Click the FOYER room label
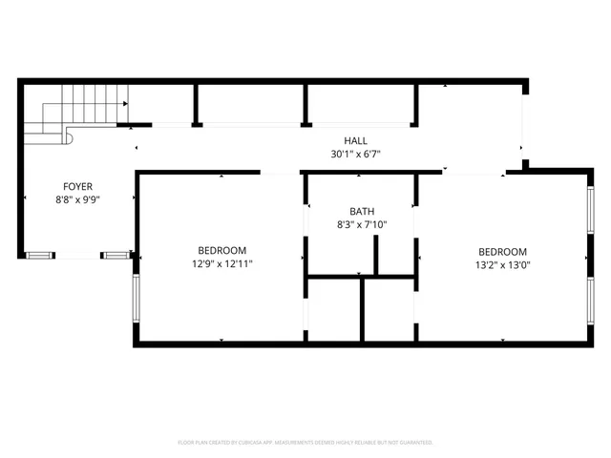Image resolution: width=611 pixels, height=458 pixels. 77,186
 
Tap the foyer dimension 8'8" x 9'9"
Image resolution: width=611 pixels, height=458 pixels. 77,199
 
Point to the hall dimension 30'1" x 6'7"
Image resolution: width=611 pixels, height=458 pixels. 357,154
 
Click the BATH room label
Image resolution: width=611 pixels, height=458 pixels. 362,212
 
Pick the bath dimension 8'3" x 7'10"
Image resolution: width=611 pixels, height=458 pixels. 362,225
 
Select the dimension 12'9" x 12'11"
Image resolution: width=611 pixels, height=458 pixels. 221,263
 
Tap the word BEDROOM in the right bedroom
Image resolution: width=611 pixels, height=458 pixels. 502,252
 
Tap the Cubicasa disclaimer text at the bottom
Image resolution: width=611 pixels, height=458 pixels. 305,443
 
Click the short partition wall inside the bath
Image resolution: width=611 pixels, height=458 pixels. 377,255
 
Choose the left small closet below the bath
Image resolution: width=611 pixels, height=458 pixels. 333,308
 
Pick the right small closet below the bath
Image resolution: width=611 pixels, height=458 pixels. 389,308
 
